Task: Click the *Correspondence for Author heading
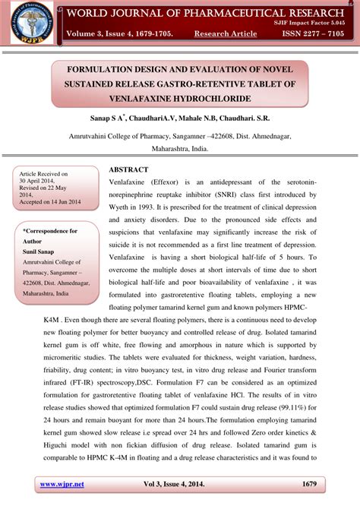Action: pos(49,235)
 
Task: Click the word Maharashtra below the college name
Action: pos(159,150)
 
